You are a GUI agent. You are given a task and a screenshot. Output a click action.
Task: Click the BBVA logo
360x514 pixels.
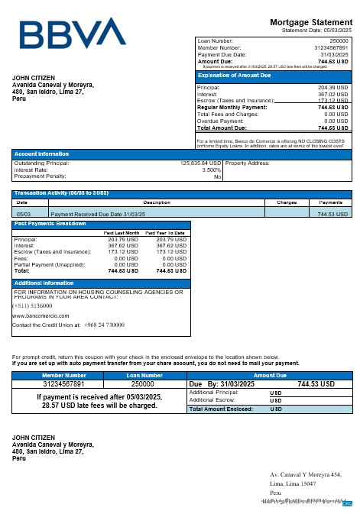[73, 33]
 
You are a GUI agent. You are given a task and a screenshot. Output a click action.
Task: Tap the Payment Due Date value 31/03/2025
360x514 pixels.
[334, 55]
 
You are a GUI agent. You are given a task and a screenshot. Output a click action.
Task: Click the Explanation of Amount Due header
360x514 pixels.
[234, 76]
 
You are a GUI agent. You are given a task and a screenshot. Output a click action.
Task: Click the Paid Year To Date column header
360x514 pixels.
[165, 232]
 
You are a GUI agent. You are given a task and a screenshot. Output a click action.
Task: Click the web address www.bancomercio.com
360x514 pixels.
[41, 315]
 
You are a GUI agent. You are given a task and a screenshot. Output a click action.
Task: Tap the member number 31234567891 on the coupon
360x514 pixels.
[64, 384]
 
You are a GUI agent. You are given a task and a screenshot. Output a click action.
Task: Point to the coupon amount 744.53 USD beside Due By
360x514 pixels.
[316, 384]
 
